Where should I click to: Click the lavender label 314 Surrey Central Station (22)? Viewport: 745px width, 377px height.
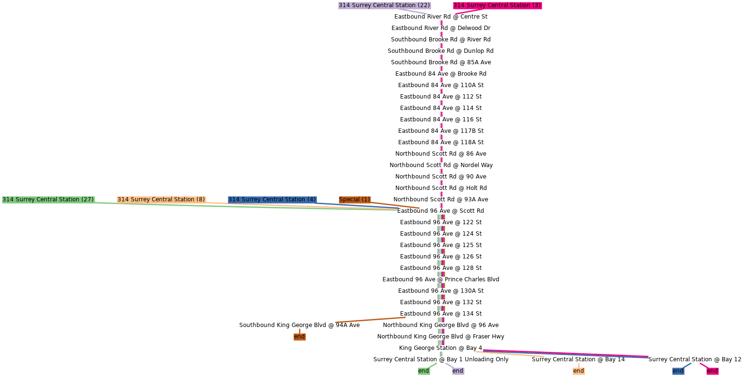tap(384, 5)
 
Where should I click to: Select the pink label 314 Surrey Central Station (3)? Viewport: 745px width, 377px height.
tap(497, 5)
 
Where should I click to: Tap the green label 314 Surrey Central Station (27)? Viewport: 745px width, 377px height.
tap(48, 199)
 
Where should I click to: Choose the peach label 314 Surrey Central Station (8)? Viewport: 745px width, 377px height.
tap(161, 199)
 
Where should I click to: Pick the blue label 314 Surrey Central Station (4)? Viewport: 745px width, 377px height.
tap(272, 199)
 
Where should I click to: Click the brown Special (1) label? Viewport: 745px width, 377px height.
tap(354, 199)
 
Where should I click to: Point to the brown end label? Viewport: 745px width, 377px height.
tap(299, 337)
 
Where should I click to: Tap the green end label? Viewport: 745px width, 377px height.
tap(423, 371)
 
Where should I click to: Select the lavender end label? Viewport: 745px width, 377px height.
tap(458, 371)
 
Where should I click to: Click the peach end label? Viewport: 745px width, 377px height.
tap(578, 371)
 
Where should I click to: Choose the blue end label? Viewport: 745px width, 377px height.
tap(678, 371)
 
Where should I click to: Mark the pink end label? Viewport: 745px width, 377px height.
tap(712, 371)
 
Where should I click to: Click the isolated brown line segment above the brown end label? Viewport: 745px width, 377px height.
tap(370, 320)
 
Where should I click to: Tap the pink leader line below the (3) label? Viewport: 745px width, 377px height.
tap(469, 11)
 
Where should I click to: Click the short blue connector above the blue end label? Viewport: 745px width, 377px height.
tap(687, 366)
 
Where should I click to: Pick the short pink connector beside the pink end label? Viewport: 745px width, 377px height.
tap(703, 365)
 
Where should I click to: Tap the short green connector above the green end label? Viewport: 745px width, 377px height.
tap(433, 365)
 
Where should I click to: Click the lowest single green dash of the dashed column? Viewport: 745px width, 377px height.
tap(441, 354)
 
